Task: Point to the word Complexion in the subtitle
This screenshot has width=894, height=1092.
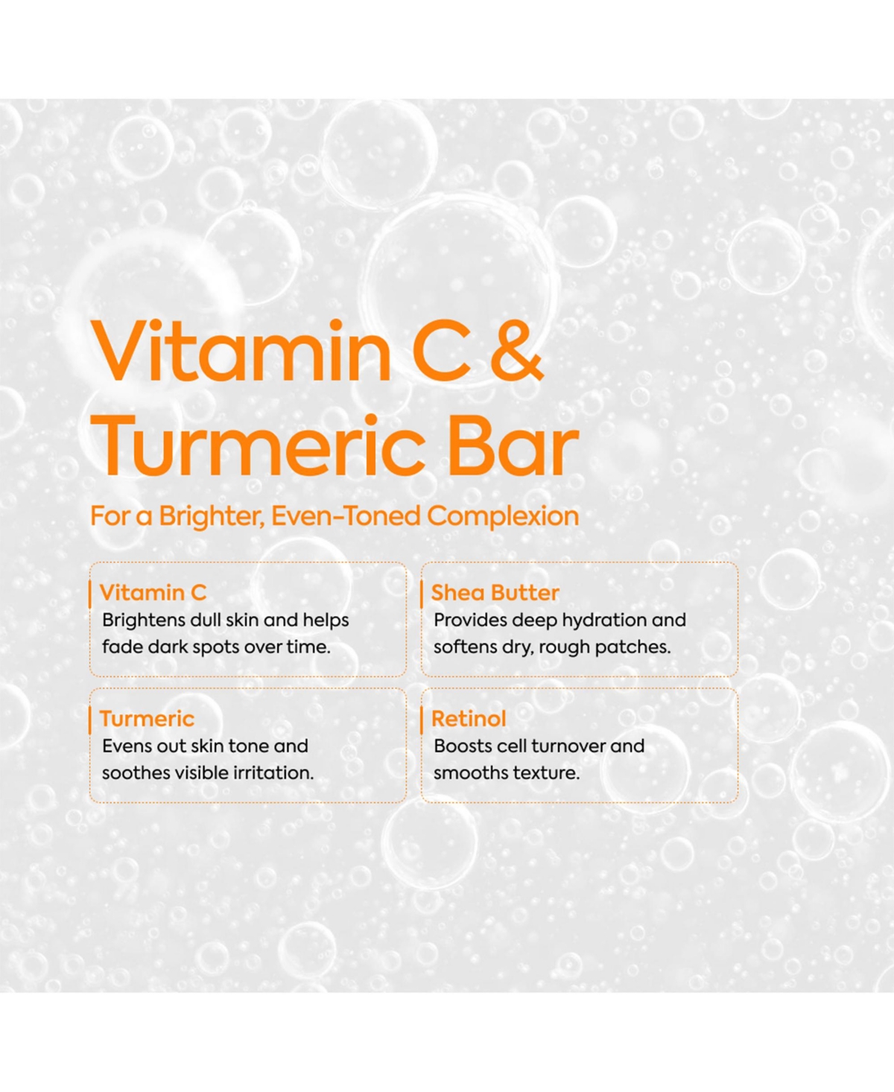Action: [503, 516]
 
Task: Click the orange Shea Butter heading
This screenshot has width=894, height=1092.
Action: [495, 593]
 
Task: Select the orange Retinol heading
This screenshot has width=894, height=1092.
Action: [469, 719]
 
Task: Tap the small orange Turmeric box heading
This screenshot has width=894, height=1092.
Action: [147, 719]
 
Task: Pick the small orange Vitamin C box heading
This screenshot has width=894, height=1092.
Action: [153, 593]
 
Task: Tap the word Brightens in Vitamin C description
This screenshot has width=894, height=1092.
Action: [143, 620]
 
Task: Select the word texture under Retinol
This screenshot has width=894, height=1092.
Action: [550, 773]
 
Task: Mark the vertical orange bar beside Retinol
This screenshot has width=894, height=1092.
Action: [422, 720]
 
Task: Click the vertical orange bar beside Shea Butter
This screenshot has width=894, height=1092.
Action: [422, 594]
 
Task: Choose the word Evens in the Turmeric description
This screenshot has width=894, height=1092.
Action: [123, 746]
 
